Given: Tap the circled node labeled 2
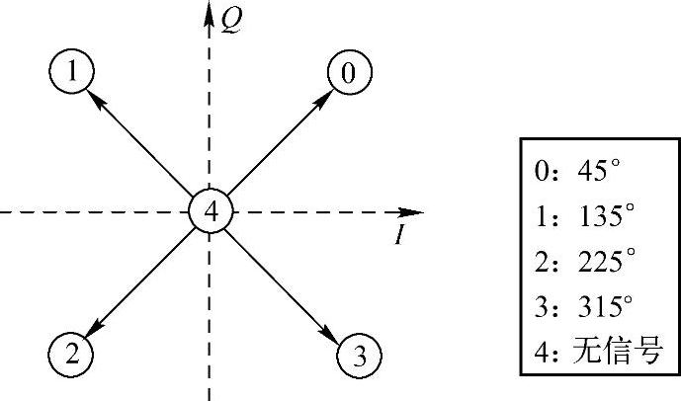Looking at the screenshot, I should click(x=70, y=352).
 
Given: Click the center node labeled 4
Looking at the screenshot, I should click(x=211, y=211).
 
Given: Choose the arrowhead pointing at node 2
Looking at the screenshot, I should click(x=92, y=330).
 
